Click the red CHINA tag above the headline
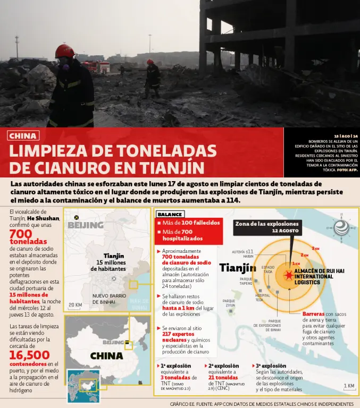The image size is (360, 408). (23, 136)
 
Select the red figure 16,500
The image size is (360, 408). (30, 355)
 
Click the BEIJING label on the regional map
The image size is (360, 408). (85, 225)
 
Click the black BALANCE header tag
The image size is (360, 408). (170, 214)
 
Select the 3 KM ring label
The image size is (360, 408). (315, 248)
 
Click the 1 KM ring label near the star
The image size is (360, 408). (297, 263)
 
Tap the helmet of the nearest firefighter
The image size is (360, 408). (65, 51)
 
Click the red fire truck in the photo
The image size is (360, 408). (96, 66)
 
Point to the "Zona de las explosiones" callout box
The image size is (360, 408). (267, 227)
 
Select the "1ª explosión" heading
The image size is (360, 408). (176, 366)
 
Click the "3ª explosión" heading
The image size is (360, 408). (271, 366)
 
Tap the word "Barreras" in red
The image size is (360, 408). (313, 314)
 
